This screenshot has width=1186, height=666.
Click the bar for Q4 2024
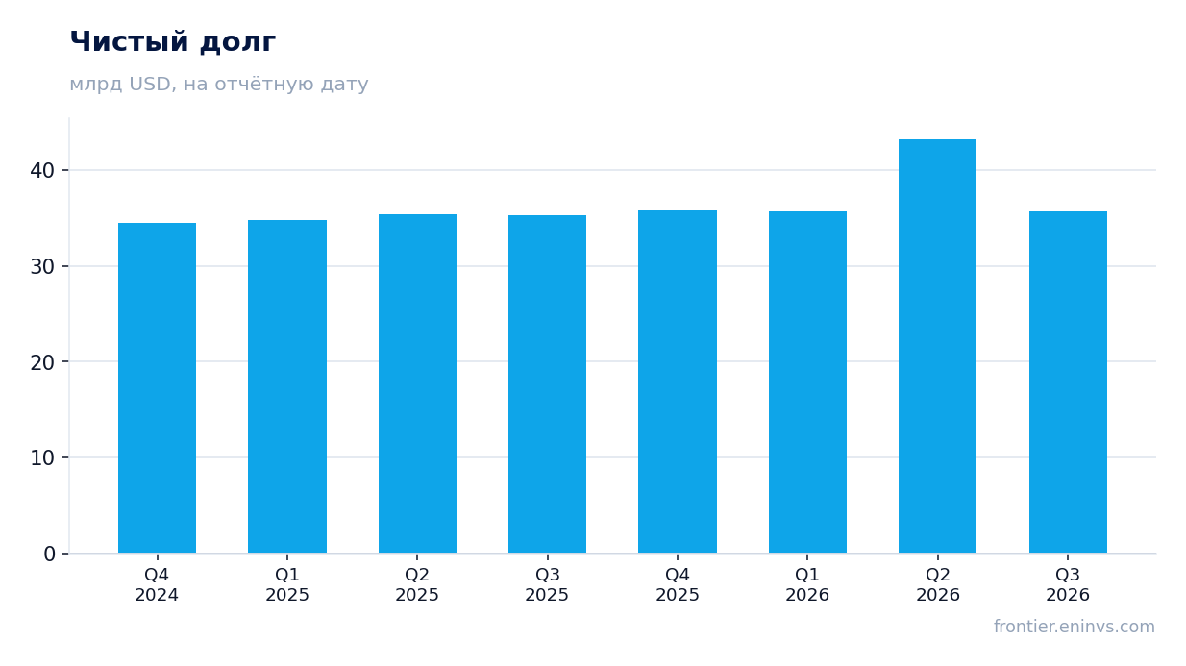(157, 388)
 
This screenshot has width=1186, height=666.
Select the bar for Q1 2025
(287, 386)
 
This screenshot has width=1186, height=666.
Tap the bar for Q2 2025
(417, 383)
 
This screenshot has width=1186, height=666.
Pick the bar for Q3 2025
(547, 384)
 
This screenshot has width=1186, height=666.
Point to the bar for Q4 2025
(678, 382)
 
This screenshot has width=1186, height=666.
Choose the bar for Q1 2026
(807, 382)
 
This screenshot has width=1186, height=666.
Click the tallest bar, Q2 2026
(937, 346)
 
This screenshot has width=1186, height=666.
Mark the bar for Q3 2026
(1068, 382)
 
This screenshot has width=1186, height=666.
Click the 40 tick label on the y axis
(42, 170)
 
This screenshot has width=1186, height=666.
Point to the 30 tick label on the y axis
(42, 267)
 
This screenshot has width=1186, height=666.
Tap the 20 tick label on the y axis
(42, 362)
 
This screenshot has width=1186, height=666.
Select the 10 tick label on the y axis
(42, 458)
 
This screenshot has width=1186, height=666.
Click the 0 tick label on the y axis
(49, 555)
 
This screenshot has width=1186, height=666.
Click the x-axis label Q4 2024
(157, 584)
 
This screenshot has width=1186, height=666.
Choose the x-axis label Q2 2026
(938, 584)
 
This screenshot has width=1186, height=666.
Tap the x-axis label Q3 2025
(547, 584)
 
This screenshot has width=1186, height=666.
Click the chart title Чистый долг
(173, 42)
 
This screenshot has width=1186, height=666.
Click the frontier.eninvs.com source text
(1075, 627)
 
